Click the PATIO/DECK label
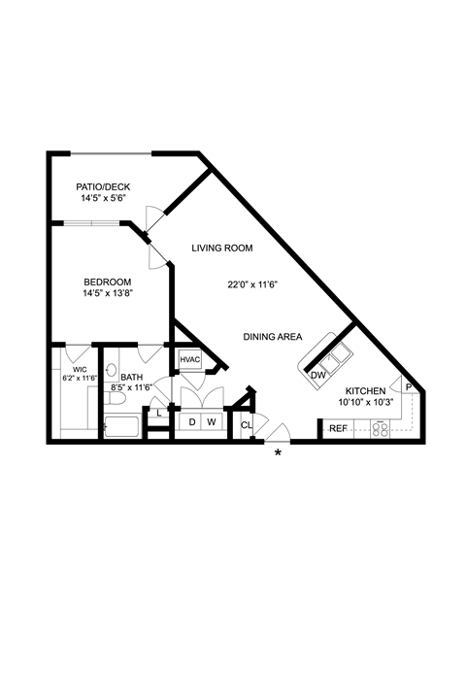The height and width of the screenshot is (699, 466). [x=103, y=186]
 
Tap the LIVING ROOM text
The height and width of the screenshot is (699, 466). [x=222, y=248]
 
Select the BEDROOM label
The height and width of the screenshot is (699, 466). [x=108, y=283]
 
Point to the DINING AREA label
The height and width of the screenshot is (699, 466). [x=273, y=337]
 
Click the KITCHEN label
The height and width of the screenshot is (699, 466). [x=366, y=391]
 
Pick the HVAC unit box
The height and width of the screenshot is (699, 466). [x=190, y=360]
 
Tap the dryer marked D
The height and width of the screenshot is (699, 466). [x=192, y=421]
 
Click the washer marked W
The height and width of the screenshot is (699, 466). [x=212, y=421]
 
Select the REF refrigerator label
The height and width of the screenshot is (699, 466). [x=338, y=429]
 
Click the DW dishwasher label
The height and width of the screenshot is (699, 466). [x=318, y=376]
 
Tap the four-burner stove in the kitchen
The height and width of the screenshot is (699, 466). [x=380, y=429]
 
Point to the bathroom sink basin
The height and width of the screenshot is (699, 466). [x=112, y=370]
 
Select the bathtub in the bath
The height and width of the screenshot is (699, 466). [x=122, y=427]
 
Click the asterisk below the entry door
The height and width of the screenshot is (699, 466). [x=278, y=453]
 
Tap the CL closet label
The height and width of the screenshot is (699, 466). [x=247, y=425]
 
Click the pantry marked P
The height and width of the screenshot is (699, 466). [x=409, y=386]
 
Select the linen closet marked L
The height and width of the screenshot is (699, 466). [x=159, y=413]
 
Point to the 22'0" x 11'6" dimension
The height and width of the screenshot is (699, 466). [x=252, y=284]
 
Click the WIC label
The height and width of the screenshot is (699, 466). [x=80, y=370]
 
